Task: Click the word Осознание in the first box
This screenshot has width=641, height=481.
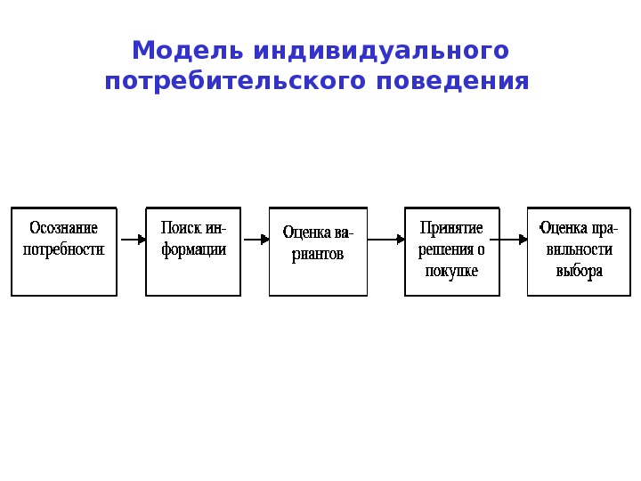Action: [x=64, y=228]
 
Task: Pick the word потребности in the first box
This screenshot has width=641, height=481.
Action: [x=64, y=249]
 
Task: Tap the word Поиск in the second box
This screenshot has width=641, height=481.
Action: [x=176, y=228]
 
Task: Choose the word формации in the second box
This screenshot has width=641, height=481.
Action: [x=193, y=249]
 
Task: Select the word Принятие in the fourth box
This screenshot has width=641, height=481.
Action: [x=451, y=228]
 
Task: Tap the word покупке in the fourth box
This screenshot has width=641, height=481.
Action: [x=451, y=271]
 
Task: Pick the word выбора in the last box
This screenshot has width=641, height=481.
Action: [x=579, y=271]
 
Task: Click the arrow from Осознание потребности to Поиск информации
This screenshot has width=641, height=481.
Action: [x=132, y=240]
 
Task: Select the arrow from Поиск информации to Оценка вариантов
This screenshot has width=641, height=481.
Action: [x=255, y=240]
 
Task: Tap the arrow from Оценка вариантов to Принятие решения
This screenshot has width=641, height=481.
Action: [x=386, y=240]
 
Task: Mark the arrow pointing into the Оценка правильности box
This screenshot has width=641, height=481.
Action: [x=510, y=240]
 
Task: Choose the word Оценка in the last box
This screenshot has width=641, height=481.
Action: [x=563, y=228]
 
